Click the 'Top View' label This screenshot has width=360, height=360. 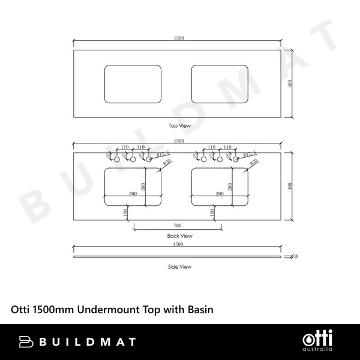point(179,126)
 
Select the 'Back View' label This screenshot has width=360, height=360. point(179,236)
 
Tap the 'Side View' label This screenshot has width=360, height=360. point(179,266)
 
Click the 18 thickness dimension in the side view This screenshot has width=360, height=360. point(296,257)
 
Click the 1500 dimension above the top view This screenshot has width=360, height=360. point(179,38)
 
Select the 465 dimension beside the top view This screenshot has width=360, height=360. point(290,83)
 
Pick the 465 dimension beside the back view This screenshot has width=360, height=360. point(290,186)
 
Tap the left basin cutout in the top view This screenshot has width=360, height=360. point(133,83)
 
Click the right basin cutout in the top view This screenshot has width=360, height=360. point(220,83)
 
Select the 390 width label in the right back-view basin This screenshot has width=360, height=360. point(219,194)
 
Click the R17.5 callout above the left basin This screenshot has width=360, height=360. point(161,155)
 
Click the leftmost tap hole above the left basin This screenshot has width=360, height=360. point(117,159)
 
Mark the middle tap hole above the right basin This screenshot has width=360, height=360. point(220,159)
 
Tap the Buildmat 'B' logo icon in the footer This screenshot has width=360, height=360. point(26,342)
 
